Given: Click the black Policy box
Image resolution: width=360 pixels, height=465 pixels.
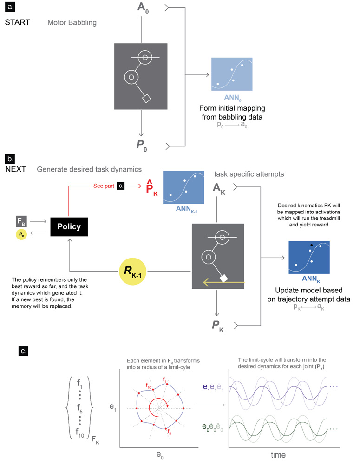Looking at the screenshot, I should [x=68, y=227].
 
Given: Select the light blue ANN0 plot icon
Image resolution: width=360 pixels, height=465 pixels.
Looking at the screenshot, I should [x=232, y=75].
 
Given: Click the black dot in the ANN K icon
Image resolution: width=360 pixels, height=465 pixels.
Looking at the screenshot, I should [x=311, y=245].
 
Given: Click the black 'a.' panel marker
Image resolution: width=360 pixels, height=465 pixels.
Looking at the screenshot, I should [x=10, y=8].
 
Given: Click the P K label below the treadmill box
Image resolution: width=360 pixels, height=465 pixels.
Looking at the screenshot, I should [x=218, y=322].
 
